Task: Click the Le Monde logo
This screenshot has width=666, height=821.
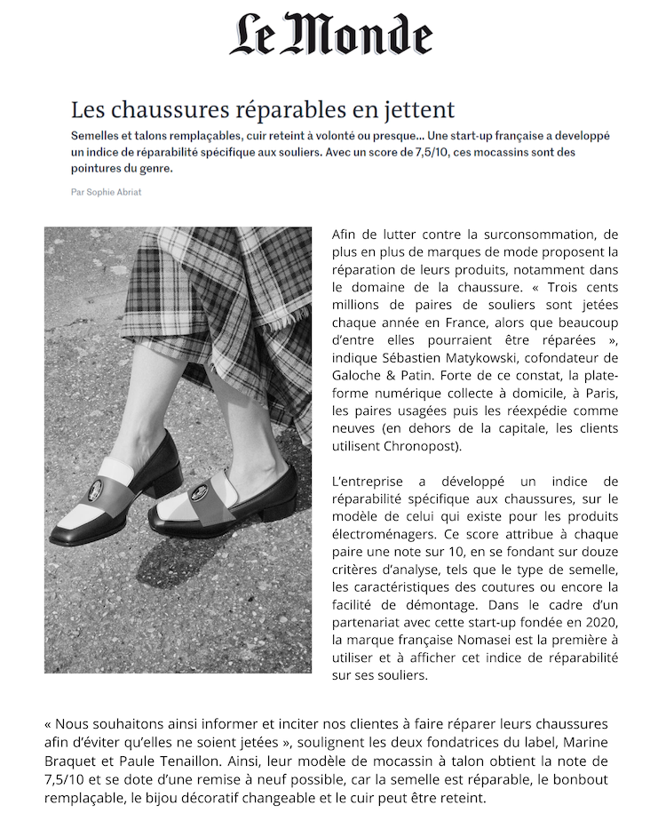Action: pos(331,35)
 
